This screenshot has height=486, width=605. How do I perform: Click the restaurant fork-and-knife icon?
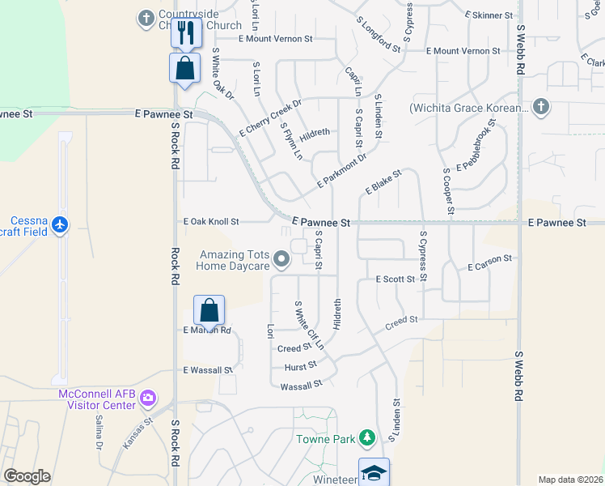[x=185, y=32]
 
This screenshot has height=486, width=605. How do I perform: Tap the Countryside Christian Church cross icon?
[x=146, y=17]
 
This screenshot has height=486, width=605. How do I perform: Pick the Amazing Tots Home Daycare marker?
[x=281, y=259]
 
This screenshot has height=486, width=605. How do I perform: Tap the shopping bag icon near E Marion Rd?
[x=209, y=310]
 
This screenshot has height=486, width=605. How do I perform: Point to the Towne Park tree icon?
[x=368, y=437]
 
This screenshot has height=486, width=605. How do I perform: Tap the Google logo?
[x=27, y=476]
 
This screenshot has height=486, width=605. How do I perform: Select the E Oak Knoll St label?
[x=211, y=221]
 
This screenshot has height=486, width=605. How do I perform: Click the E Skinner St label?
[x=489, y=15]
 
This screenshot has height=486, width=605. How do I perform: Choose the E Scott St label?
[x=396, y=279]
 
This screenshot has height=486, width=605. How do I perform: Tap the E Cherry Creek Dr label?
[x=270, y=117]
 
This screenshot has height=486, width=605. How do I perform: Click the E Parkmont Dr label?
[x=341, y=171]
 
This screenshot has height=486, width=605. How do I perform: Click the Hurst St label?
[x=300, y=367]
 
